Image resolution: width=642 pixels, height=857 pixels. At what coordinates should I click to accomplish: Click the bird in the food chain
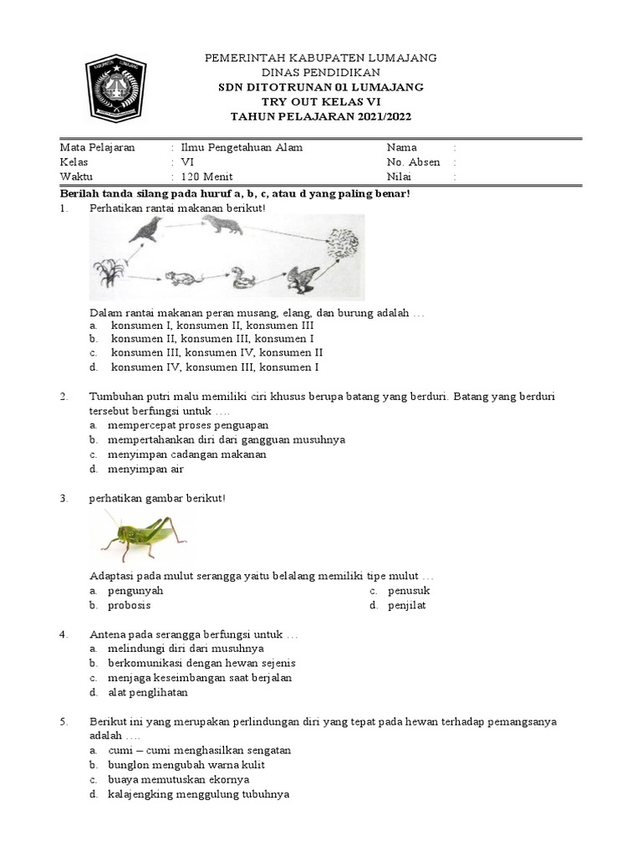[145, 230]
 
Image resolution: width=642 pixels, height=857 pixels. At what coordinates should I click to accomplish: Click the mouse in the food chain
[181, 279]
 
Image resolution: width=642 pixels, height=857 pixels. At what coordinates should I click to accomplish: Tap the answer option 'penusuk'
[409, 590]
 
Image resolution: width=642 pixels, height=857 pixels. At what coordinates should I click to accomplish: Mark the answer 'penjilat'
[406, 605]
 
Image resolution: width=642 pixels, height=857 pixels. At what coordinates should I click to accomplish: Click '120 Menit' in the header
[206, 177]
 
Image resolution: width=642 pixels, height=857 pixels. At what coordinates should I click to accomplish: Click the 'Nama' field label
[401, 147]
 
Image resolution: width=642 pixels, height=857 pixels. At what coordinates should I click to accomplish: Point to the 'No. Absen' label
[413, 162]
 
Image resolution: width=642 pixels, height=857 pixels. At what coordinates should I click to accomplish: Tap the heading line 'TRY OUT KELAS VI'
[321, 101]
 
